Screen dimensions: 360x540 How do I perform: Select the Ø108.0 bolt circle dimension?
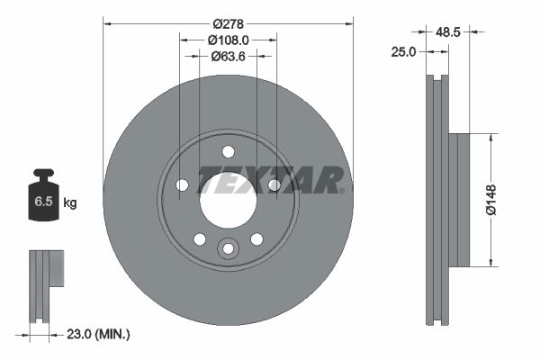pyautogui.click(x=228, y=40)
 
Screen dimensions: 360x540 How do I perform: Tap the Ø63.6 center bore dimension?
pyautogui.click(x=228, y=56)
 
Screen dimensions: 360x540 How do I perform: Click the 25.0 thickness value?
pyautogui.click(x=404, y=51)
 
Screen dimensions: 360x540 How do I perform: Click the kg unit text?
pyautogui.click(x=70, y=203)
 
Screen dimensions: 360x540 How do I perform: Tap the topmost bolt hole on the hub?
pyautogui.click(x=228, y=150)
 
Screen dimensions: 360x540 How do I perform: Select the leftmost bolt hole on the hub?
pyautogui.click(x=183, y=184)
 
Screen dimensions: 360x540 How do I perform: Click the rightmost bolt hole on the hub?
pyautogui.click(x=274, y=184)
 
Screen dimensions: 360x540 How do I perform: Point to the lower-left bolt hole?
pyautogui.click(x=200, y=238)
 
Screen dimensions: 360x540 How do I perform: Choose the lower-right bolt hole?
pyautogui.click(x=256, y=238)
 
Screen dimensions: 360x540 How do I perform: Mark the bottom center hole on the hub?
pyautogui.click(x=228, y=248)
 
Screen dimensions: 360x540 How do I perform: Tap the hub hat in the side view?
pyautogui.click(x=459, y=201)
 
